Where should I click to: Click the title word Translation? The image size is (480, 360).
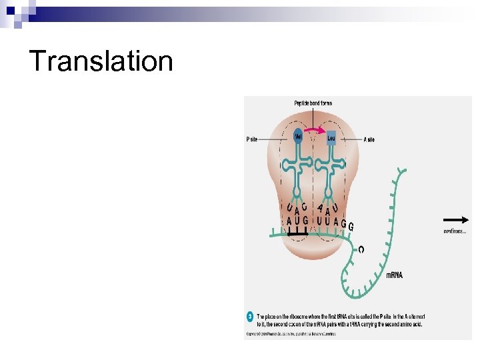[x=101, y=61]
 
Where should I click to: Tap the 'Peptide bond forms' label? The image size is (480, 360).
[x=313, y=103]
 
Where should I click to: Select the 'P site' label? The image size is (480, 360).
[x=252, y=140]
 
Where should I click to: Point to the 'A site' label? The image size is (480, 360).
[x=369, y=140]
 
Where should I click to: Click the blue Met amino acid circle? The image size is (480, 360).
[x=299, y=137]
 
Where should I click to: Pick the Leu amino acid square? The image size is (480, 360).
[x=331, y=138]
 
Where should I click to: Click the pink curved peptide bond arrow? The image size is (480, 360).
[x=315, y=124]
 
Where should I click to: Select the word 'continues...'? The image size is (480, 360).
[x=455, y=231]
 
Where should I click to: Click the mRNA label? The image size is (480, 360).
[x=396, y=275]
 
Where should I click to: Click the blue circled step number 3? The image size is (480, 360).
[x=250, y=315]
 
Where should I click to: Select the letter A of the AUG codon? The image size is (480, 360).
[x=290, y=221]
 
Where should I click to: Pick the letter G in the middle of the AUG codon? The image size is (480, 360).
[x=306, y=221]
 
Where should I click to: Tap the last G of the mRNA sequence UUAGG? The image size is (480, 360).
[x=351, y=227]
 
